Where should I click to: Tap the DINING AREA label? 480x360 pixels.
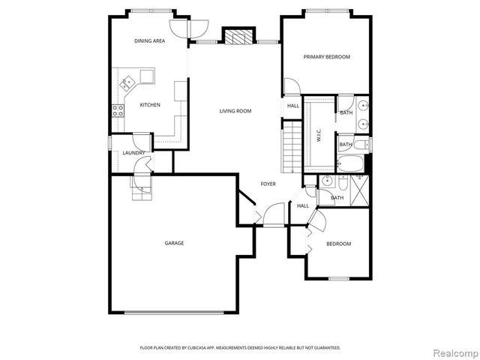(149, 41)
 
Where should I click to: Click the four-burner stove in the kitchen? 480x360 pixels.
(118, 110)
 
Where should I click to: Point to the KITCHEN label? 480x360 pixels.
(149, 105)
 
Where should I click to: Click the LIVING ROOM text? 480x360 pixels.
(235, 111)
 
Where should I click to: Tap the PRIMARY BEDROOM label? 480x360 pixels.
(326, 57)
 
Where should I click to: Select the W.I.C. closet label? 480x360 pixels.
(319, 135)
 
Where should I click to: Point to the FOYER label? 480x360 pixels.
(268, 184)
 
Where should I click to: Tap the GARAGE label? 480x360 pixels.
(174, 243)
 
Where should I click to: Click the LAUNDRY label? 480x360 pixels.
(133, 153)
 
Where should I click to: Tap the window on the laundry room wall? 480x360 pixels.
(109, 142)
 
